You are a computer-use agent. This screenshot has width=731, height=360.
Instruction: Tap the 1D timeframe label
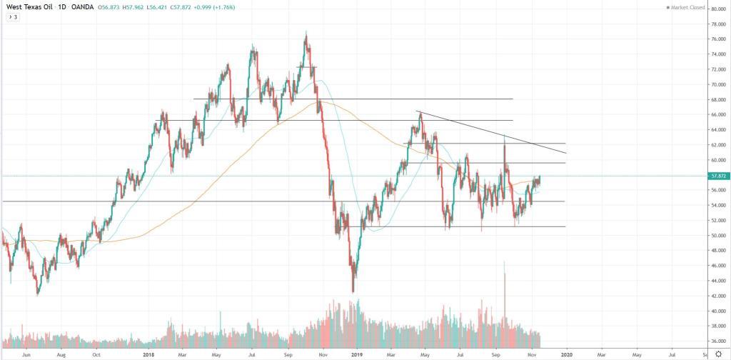click(64, 8)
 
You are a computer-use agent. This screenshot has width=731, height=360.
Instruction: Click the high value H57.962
click(152, 8)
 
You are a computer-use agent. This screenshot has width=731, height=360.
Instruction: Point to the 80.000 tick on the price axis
click(714, 9)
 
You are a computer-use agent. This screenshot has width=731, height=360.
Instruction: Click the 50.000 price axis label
click(714, 236)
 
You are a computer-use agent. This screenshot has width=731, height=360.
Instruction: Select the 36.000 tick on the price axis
click(714, 341)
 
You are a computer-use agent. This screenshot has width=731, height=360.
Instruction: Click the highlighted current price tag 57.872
click(715, 176)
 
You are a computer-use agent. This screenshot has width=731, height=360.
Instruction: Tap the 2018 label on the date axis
click(148, 354)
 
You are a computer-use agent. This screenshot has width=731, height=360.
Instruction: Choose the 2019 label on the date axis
click(357, 354)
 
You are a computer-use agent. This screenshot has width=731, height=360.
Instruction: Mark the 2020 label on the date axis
click(566, 354)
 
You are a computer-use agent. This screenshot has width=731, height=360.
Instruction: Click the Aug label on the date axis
click(61, 354)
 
